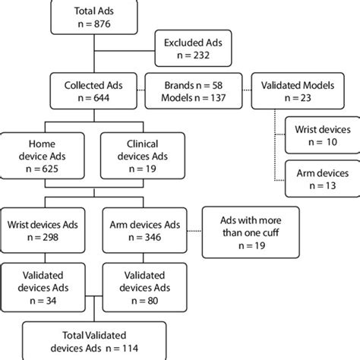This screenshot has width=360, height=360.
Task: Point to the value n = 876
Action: pos(93,25)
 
